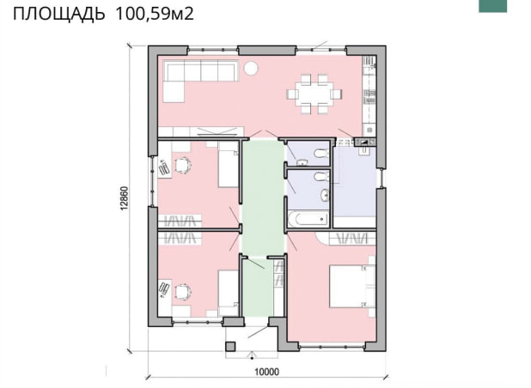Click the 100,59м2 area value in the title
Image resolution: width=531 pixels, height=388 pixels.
155,14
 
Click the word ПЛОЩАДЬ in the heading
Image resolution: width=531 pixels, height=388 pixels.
59,15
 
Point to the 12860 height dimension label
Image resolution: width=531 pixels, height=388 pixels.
125,198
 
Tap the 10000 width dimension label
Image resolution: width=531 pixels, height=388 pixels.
267,372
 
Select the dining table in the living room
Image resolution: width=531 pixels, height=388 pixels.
314,94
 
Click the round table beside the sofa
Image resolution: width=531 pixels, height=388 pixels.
251,69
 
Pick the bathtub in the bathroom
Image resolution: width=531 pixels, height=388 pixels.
308,219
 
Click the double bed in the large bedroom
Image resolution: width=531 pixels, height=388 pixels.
352,287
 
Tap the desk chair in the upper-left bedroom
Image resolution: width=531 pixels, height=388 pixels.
183,166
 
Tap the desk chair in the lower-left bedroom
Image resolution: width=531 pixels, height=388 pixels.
182,292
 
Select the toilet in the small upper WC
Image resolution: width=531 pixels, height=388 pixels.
321,154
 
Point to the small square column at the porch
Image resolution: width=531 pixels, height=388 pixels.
230,347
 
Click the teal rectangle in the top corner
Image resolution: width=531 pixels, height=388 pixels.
492,6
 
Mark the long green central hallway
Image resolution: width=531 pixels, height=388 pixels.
263,197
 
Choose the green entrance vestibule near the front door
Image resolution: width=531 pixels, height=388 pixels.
258,288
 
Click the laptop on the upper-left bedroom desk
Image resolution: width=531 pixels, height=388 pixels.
164,167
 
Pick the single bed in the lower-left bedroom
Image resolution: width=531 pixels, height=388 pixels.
229,288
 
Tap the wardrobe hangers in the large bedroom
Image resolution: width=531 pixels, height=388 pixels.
353,238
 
